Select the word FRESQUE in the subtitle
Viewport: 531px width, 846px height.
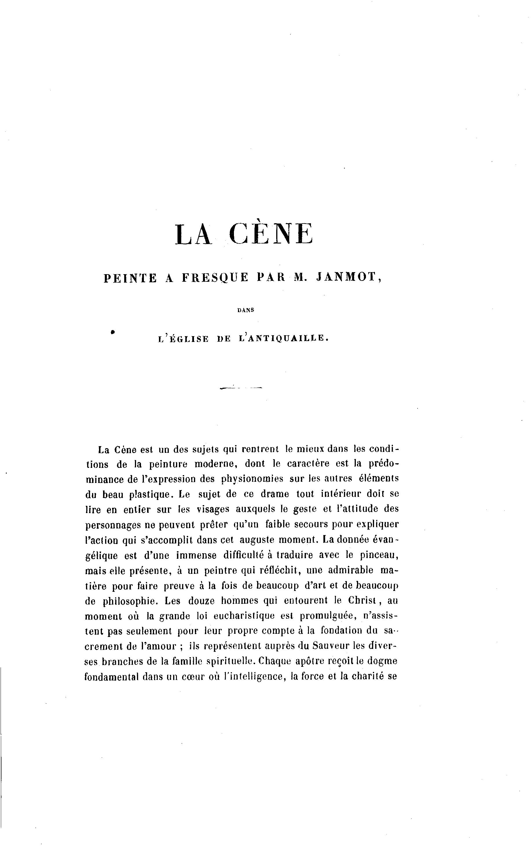(215, 277)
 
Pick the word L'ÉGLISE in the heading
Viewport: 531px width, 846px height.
(183, 338)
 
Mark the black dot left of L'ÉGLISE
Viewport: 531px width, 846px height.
(113, 331)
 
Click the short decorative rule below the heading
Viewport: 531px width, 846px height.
(241, 388)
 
